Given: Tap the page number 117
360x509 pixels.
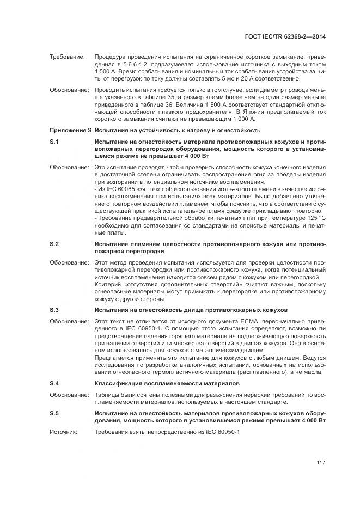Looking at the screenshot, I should (321, 463).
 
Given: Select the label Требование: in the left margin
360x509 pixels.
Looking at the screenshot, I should (67, 57).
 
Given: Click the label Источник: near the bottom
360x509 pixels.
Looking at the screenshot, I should (64, 431).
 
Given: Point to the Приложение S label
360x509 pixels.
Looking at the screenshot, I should (70, 130).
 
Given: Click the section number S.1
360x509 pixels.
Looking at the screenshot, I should (54, 142).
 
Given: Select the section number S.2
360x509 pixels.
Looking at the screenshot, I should (54, 243).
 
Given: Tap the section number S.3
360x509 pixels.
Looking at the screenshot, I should (54, 310).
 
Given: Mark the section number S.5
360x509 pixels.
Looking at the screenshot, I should (54, 413).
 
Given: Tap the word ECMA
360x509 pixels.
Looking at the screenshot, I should (234, 321).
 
